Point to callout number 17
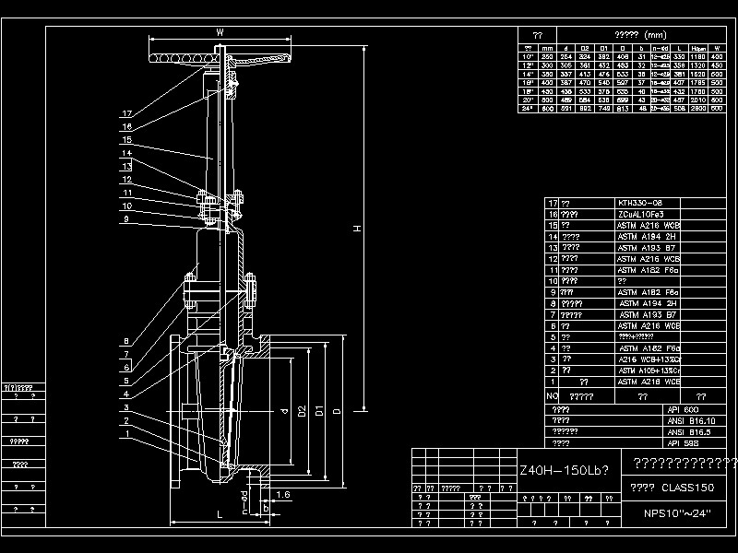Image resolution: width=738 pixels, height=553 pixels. point(127,114)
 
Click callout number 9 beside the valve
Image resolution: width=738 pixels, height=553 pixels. point(127,219)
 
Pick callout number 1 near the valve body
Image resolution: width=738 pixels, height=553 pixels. point(127,433)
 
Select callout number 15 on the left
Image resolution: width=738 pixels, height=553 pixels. point(127,140)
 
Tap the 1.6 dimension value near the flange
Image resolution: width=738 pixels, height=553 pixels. point(282,496)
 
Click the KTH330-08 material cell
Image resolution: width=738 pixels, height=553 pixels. point(640,203)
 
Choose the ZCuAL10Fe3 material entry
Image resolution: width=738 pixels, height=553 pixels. point(641,214)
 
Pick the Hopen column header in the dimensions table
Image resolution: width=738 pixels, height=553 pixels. point(698,47)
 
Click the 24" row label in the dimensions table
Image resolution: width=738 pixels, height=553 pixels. point(529,108)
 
